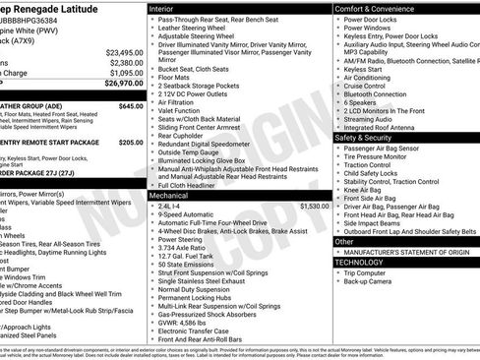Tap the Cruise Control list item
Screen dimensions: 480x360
click(365, 86)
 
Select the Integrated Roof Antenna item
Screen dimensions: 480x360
click(386, 126)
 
